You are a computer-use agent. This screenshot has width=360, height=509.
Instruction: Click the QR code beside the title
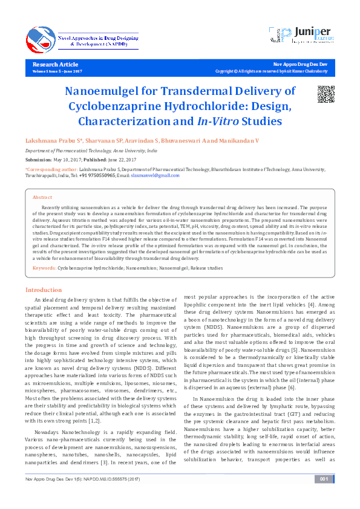[x=326, y=95]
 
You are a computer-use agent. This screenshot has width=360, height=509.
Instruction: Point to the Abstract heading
[x=42, y=198]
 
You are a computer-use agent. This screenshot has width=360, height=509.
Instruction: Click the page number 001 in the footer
[x=324, y=496]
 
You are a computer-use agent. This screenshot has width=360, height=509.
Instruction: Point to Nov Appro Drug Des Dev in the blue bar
[x=301, y=64]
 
